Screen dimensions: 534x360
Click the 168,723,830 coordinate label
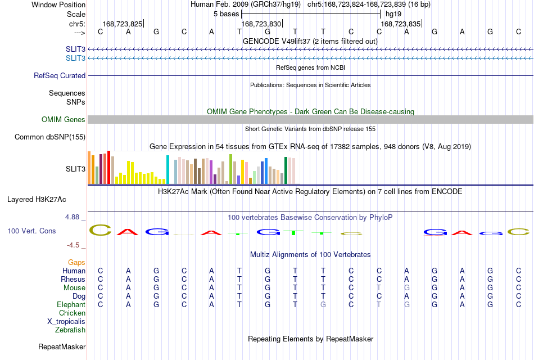261,24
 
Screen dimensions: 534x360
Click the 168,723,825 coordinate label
123,24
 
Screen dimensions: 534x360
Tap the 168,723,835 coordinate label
400,24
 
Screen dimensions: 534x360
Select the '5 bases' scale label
226,14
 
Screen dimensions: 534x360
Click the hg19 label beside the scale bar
393,14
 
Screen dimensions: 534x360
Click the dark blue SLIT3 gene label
76,49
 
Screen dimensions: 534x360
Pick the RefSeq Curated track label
60,76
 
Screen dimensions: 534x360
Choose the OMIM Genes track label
64,119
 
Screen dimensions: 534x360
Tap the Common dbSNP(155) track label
50,137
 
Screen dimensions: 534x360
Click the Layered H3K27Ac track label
37,200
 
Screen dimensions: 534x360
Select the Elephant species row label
71,304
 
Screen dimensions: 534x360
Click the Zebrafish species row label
70,330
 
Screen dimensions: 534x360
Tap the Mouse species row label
74,288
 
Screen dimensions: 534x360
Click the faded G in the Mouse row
406,288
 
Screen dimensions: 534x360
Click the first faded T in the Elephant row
379,304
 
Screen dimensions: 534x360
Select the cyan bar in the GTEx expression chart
168,169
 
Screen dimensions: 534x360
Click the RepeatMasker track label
62,346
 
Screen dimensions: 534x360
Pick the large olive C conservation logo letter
100,230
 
